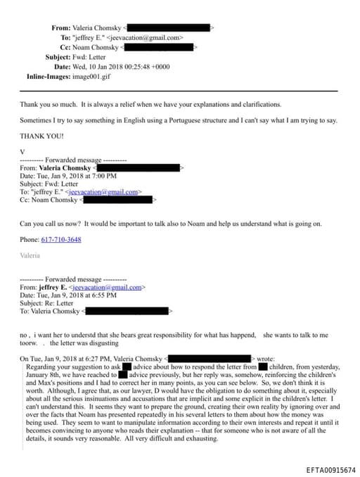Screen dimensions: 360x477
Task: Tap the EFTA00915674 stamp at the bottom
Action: (331, 470)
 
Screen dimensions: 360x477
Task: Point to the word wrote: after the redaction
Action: (271, 360)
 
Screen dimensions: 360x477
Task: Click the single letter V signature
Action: (22, 151)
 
